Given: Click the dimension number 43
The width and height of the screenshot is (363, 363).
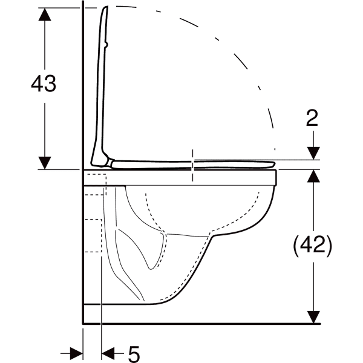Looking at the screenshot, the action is [44, 83].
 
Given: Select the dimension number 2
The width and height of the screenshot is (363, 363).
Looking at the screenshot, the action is [312, 118].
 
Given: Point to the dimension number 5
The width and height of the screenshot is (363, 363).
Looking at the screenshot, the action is [134, 354].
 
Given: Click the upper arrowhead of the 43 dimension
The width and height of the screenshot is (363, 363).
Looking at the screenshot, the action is [45, 15].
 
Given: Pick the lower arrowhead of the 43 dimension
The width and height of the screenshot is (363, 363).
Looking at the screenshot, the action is [45, 163].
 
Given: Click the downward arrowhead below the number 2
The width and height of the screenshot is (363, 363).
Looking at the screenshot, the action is [313, 153].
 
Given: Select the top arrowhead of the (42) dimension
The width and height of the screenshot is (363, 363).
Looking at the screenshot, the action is [313, 176].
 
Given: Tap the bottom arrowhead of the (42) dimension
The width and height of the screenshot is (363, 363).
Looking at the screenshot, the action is [313, 317].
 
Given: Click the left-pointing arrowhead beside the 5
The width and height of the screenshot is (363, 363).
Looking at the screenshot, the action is [108, 353].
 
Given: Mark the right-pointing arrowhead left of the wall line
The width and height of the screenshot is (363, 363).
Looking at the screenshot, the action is [76, 353].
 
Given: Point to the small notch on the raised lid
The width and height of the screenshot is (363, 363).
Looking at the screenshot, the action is [106, 44].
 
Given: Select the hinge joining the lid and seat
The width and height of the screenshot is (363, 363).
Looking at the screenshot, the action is [109, 162].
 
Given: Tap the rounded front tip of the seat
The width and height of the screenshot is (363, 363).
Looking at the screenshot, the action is [273, 165].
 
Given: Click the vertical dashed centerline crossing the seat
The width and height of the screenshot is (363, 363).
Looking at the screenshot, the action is [192, 165].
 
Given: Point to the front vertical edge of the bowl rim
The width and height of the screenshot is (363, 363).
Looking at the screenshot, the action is [276, 177].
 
